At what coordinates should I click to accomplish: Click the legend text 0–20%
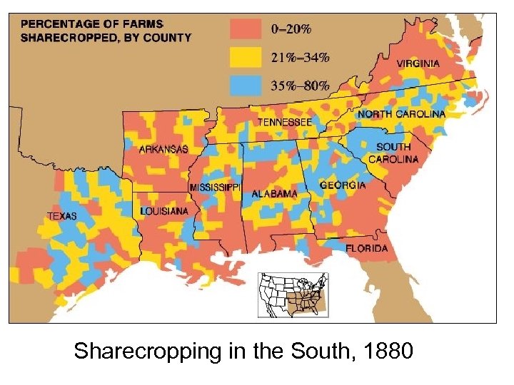(x=291, y=29)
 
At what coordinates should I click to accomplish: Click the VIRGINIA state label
(x=418, y=63)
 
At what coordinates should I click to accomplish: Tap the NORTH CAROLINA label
(x=401, y=114)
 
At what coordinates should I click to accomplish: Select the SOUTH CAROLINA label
(x=393, y=153)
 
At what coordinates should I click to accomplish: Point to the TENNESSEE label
(x=284, y=123)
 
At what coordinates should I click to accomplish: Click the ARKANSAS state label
(x=163, y=149)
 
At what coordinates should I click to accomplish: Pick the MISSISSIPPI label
(x=215, y=188)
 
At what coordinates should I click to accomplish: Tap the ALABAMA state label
(x=274, y=194)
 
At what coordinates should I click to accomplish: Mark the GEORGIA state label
(x=343, y=185)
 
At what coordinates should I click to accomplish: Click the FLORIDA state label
(x=367, y=249)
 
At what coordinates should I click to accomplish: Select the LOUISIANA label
(x=164, y=212)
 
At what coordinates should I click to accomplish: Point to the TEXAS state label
(x=62, y=215)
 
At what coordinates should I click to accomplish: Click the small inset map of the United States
(x=292, y=294)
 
